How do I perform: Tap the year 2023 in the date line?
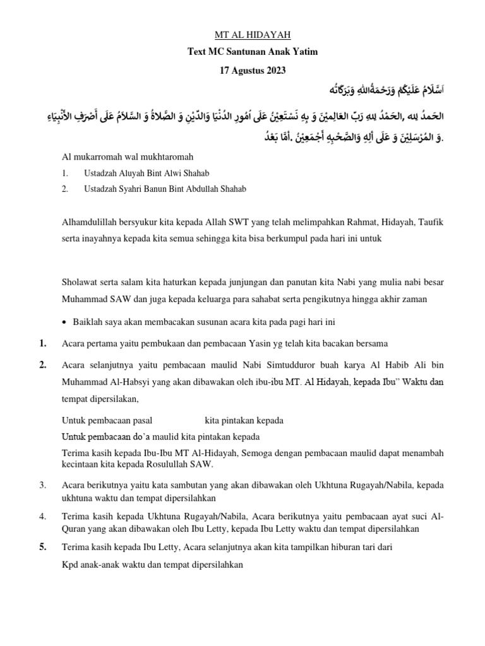click(275, 71)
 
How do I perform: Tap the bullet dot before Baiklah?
click(66, 322)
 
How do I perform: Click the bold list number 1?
click(42, 343)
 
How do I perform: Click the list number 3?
click(42, 485)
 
